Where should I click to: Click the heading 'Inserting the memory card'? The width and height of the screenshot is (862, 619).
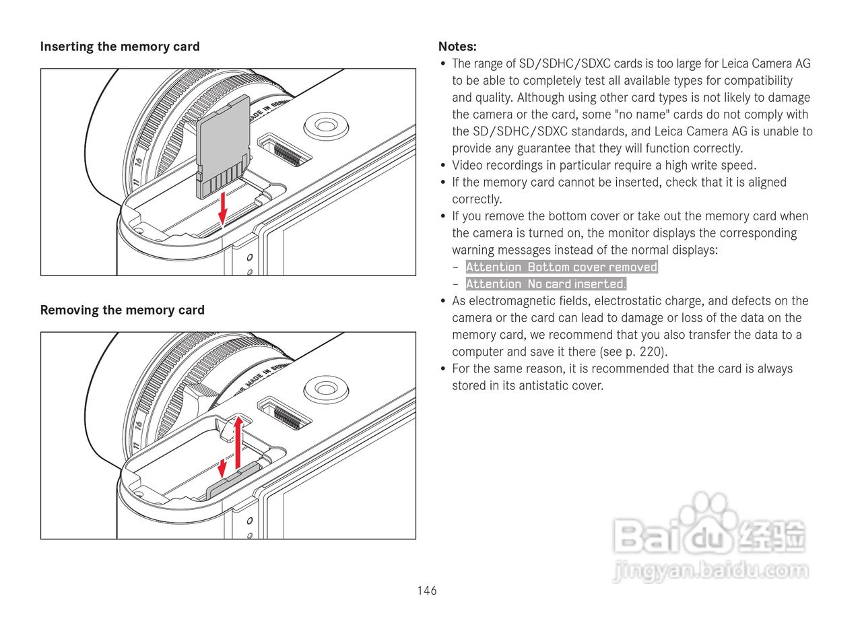[x=120, y=46]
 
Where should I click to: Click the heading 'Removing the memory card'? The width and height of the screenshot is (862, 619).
[x=122, y=310]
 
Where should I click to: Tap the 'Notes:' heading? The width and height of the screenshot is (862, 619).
[x=457, y=46]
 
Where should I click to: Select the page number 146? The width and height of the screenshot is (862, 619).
[x=427, y=591]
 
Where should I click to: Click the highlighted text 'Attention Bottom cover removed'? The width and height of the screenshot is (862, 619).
[x=562, y=267]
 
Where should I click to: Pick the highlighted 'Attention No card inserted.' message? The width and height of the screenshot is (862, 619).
[x=545, y=284]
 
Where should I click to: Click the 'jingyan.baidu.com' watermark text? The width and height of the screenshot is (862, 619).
[x=711, y=571]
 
